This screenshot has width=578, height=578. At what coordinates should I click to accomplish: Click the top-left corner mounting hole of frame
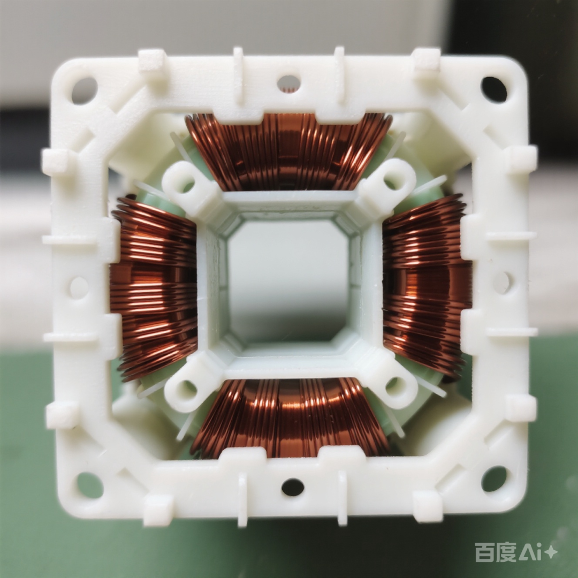pyautogui.click(x=85, y=90)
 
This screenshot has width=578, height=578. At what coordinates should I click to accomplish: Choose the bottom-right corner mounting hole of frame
pyautogui.click(x=494, y=479)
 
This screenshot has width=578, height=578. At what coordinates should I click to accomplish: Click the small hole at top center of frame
pyautogui.click(x=288, y=83)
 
